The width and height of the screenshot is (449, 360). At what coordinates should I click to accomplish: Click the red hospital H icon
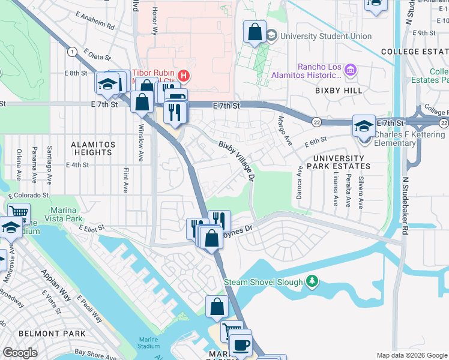184,76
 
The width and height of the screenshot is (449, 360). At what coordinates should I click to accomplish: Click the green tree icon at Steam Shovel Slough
312,281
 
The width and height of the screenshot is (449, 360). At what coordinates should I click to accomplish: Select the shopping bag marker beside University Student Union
255,32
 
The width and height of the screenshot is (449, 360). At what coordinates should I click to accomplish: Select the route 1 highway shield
73,52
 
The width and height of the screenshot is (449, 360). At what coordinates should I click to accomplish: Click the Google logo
20,353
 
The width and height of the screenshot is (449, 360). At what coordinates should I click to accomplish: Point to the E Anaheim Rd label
95,25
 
